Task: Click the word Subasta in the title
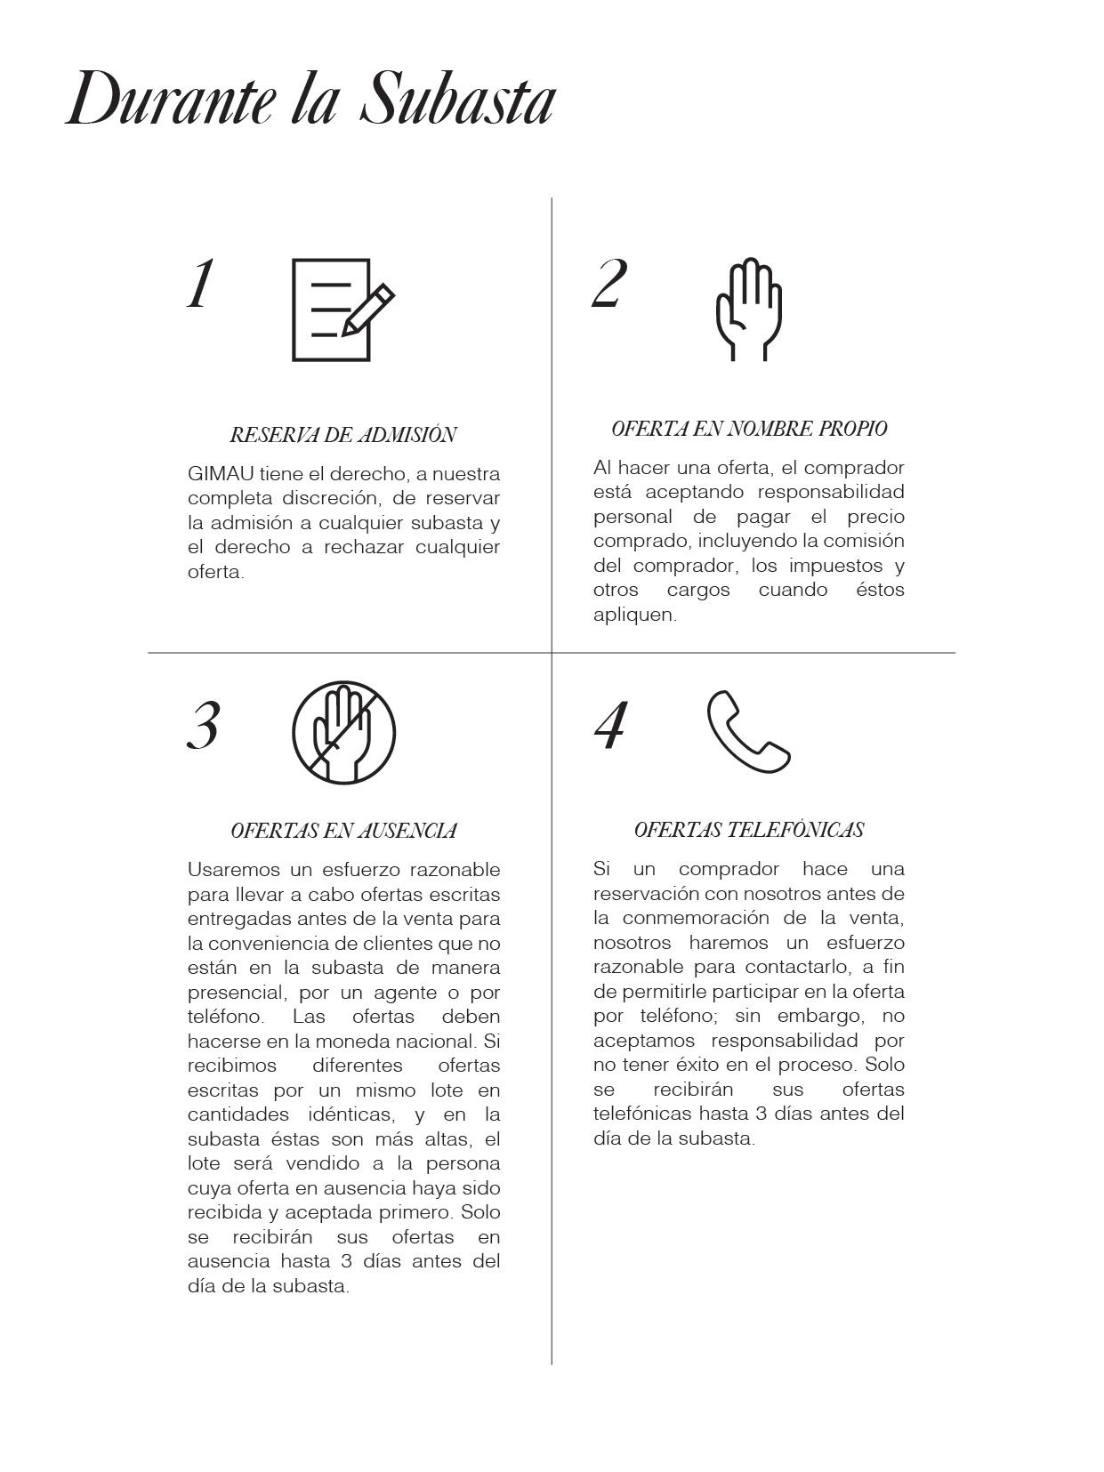(x=457, y=100)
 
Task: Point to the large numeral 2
(x=609, y=284)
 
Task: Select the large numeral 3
(x=204, y=726)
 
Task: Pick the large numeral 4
(x=610, y=725)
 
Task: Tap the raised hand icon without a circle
(x=749, y=309)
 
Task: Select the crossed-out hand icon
(x=343, y=732)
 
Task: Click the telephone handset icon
(x=748, y=732)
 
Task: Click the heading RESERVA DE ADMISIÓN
(x=343, y=435)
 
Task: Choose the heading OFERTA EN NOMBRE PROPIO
(x=749, y=429)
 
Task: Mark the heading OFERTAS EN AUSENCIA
(x=343, y=831)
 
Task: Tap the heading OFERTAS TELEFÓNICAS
(x=749, y=830)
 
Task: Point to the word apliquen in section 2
(x=633, y=615)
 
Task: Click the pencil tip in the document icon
(x=346, y=333)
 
